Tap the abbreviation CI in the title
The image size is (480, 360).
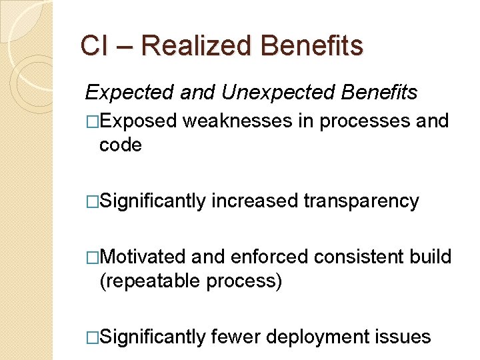pos(89,46)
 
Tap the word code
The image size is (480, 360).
pos(121,145)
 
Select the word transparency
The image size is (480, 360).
pos(361,201)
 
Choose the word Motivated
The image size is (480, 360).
pos(145,257)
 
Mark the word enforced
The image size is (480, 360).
pos(269,257)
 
